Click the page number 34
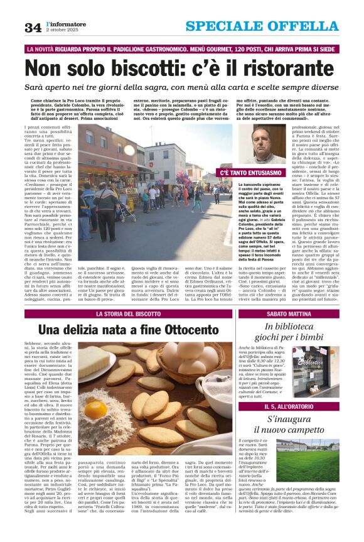pos(33,27)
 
